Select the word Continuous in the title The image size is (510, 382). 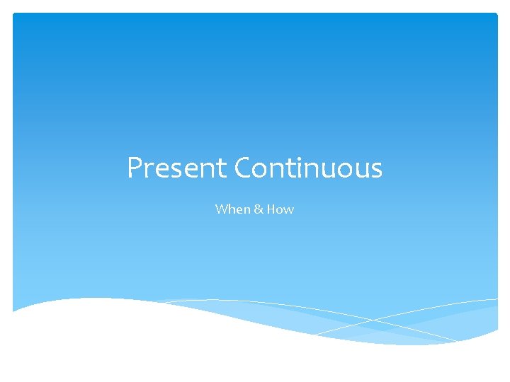(308, 168)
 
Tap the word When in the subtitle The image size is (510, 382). (230, 209)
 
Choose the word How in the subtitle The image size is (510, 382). (280, 209)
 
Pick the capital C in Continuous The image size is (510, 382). (242, 168)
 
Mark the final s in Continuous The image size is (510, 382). (376, 170)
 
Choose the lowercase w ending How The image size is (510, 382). (288, 210)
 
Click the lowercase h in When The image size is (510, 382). (230, 209)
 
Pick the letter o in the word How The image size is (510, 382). (280, 210)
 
